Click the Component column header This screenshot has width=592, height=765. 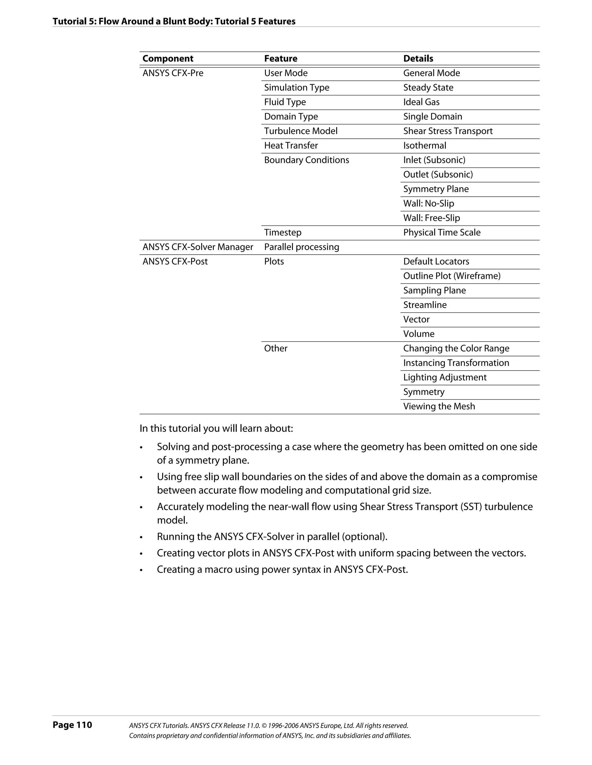pos(168,58)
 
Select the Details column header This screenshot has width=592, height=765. pos(418,58)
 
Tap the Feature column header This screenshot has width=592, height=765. pos(281,58)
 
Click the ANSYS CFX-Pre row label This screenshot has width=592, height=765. pos(173,73)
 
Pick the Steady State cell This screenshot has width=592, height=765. pos(428,88)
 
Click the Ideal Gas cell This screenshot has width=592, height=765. pos(421,102)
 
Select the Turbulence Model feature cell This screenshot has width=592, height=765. pos(301,131)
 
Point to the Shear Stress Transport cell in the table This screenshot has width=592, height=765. pos(448,131)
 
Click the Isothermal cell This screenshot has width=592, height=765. pos(425,145)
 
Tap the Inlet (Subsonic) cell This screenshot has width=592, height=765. pos(434,160)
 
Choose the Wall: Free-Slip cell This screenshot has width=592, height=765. pos(431,218)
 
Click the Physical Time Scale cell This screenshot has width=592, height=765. pos(442,233)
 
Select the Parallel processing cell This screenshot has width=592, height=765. pos(301,247)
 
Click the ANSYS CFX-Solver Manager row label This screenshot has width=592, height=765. pos(197,247)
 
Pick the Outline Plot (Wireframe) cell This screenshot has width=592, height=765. pos(452,276)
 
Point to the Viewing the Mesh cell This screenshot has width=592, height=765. pos(439,406)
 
